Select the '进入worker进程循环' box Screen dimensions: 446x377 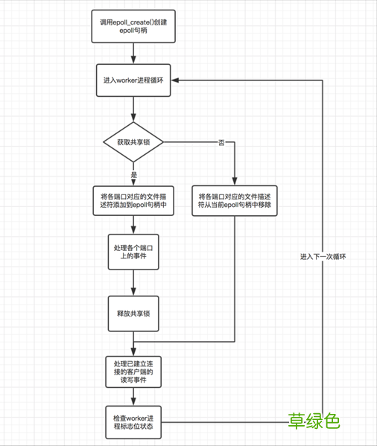133,81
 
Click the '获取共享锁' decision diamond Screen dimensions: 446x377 133,141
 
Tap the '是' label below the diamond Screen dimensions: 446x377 134,174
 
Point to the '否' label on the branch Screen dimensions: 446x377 221,141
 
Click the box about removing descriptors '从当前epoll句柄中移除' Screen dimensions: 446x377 235,200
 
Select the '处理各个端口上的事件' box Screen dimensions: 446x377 133,252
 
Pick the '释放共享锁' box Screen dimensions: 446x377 133,313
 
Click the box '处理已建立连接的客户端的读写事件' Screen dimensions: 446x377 133,370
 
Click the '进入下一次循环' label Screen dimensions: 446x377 323,256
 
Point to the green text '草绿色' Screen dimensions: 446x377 314,421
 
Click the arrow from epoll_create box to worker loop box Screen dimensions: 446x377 133,54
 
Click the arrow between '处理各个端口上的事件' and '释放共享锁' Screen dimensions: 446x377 133,283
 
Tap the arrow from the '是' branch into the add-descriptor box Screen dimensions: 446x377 133,179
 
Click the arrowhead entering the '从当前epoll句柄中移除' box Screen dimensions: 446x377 235,179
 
